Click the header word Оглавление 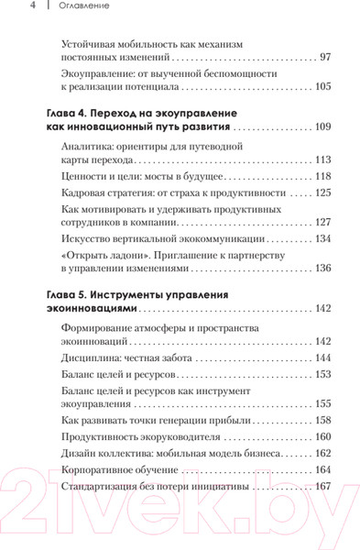76,7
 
